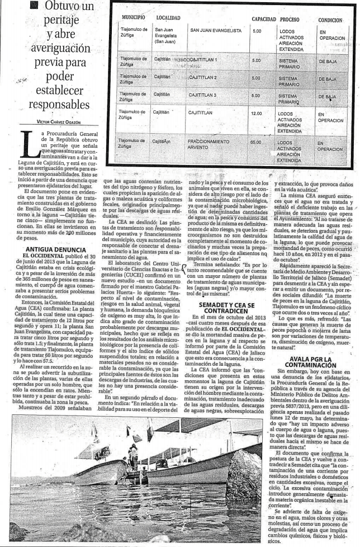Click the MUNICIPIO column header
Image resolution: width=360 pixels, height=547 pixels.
(x=133, y=18)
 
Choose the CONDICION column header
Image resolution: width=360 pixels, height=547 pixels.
(x=330, y=20)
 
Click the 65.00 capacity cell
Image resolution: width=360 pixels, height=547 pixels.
(x=256, y=143)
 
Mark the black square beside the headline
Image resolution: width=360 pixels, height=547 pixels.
(x=35, y=6)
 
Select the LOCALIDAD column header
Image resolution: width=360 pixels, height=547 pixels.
(x=168, y=18)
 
